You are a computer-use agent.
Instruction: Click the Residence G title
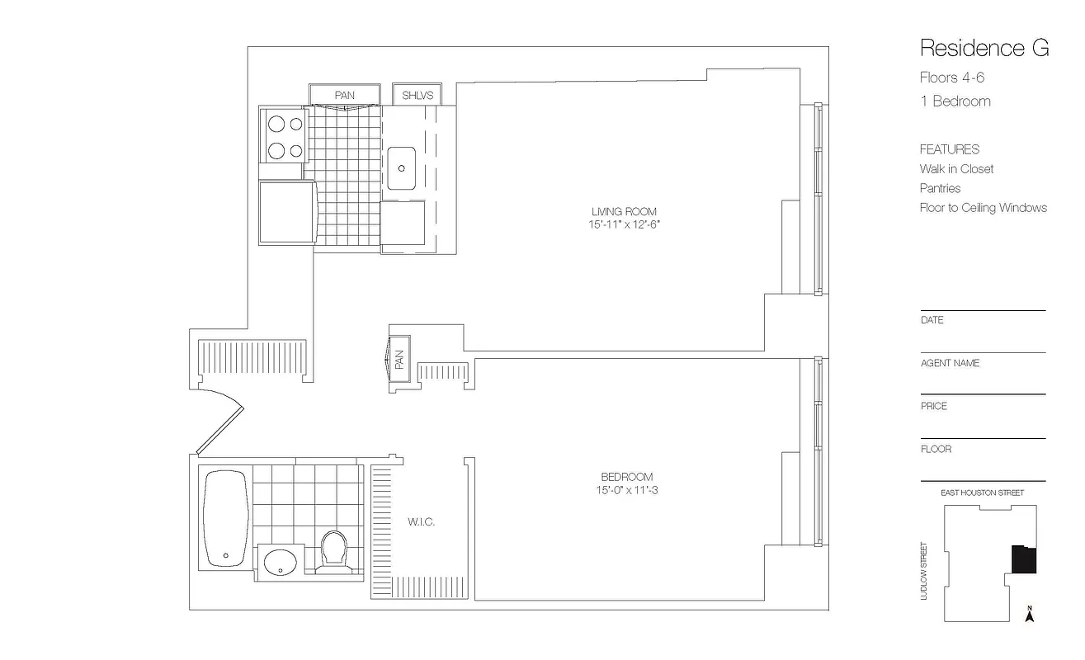(984, 48)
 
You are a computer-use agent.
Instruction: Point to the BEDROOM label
(626, 477)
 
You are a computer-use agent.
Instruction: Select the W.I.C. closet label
(421, 522)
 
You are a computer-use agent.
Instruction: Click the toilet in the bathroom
(334, 548)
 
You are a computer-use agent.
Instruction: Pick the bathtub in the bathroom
(224, 518)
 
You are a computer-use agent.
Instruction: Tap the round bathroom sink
(281, 563)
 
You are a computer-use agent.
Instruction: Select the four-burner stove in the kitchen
(285, 137)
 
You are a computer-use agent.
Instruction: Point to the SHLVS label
(417, 96)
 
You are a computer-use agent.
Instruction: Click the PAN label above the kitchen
(344, 96)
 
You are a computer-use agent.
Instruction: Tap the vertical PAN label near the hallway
(399, 361)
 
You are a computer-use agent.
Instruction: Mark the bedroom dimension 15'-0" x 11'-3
(626, 490)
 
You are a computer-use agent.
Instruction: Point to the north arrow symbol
(1029, 614)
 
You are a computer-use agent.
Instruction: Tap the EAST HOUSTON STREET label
(982, 493)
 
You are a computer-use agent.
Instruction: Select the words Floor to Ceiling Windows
(983, 208)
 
